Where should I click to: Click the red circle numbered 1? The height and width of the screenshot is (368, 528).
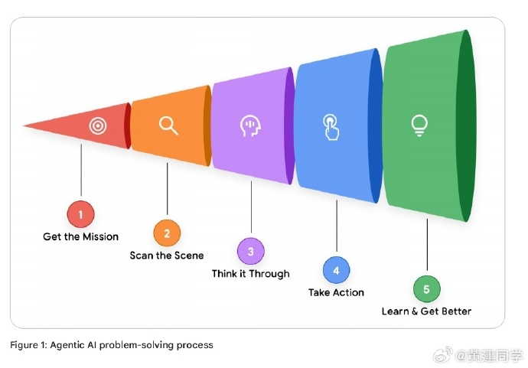click(80, 212)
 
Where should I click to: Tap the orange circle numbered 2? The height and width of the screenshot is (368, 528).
click(167, 232)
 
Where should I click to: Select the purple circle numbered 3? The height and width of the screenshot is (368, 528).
click(250, 251)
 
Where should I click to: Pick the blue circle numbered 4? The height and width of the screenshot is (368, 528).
click(336, 269)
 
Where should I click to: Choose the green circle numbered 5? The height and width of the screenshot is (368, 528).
click(426, 288)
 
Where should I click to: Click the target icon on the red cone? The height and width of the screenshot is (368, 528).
click(98, 125)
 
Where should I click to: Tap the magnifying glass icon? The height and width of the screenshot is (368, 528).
click(168, 125)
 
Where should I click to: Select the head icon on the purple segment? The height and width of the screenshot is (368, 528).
click(249, 125)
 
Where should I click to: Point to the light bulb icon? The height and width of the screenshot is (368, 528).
click(419, 125)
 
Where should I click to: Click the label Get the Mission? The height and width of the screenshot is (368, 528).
click(80, 237)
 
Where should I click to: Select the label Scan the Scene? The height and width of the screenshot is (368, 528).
click(167, 256)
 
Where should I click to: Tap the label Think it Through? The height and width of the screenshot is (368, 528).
click(250, 274)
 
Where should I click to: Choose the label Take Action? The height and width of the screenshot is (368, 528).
click(336, 292)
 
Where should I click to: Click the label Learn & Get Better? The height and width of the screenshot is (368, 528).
click(426, 311)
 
